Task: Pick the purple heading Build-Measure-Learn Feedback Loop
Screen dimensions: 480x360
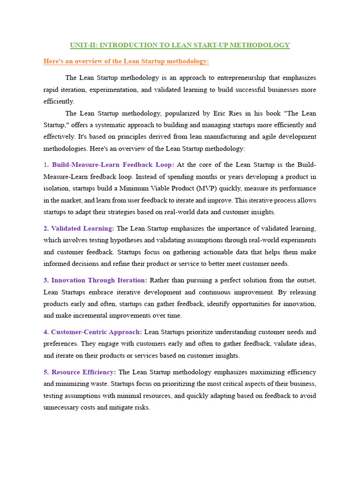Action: pyautogui.click(x=112, y=165)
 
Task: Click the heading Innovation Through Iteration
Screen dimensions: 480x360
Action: pyautogui.click(x=99, y=280)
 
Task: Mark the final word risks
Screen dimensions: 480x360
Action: pyautogui.click(x=142, y=408)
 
